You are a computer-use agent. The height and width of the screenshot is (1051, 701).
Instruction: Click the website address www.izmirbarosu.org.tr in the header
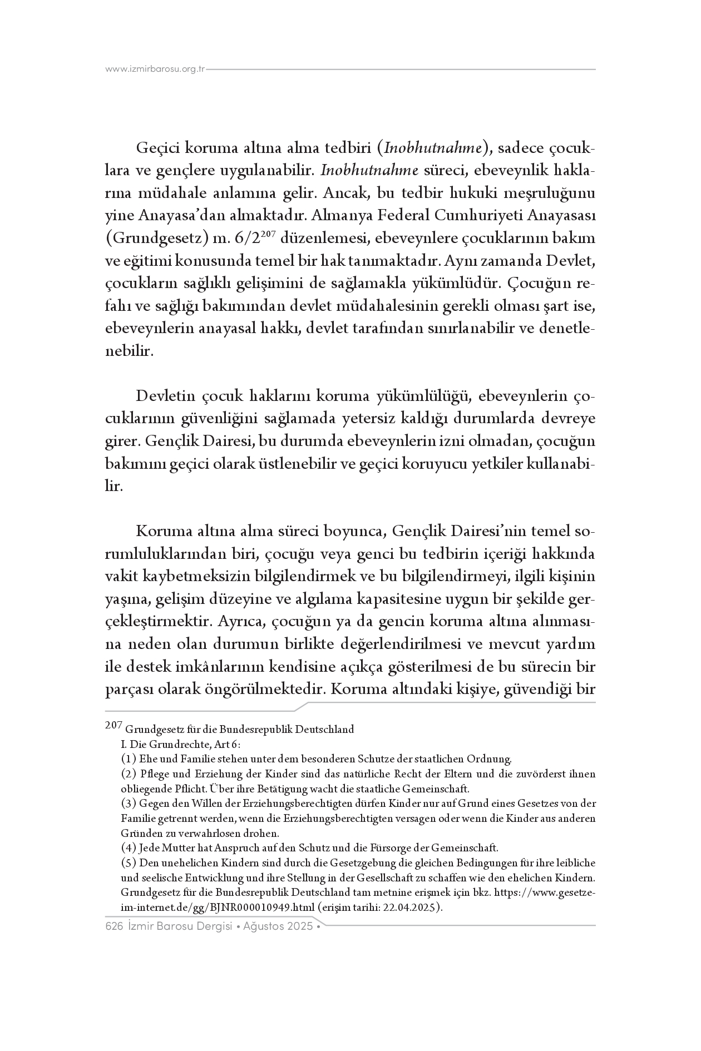[155, 70]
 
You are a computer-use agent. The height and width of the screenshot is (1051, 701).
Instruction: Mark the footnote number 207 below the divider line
[113, 726]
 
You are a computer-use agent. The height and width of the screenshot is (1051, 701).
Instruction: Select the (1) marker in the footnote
[128, 759]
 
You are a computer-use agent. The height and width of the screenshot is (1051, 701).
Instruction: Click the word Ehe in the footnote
[147, 759]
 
